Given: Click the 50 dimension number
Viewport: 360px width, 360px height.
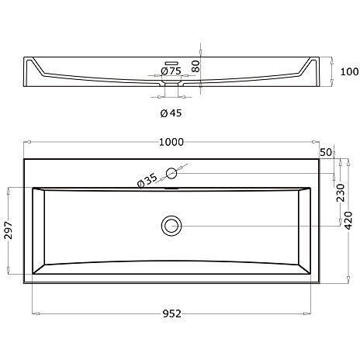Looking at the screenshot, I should [325, 152].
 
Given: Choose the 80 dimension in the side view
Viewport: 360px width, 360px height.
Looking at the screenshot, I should [196, 67].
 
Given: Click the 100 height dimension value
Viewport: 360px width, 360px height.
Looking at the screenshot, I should [348, 72].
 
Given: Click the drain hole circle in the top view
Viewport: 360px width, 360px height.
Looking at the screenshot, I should [171, 226].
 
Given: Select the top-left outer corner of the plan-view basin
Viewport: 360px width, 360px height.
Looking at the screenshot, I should [24, 159].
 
